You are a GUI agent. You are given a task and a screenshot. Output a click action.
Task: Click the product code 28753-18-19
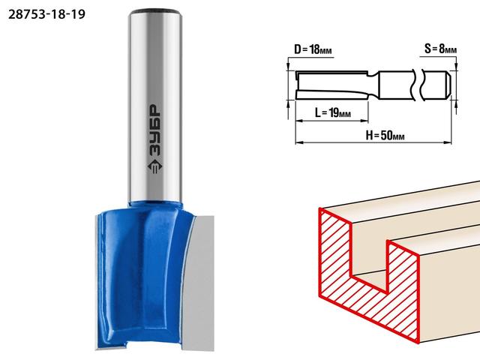click(46, 14)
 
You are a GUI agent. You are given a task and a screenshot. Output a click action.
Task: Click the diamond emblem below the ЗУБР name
click(155, 166)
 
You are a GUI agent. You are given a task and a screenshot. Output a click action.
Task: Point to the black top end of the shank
click(155, 12)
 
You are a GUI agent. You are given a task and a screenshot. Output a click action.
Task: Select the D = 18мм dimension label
click(313, 49)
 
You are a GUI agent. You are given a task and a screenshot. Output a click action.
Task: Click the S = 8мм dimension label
click(440, 48)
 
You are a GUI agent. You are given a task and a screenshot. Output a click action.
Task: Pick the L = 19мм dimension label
click(333, 113)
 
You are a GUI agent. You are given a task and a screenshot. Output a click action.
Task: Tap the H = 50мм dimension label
click(385, 135)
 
